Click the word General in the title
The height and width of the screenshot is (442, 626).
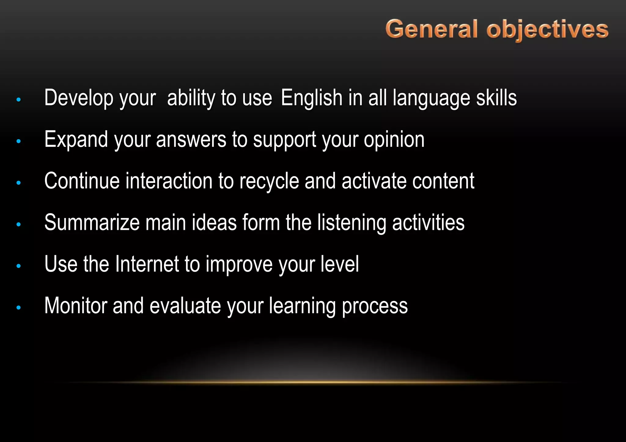(431, 29)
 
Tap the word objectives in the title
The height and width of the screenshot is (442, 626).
(547, 30)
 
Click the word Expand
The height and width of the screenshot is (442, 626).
(76, 139)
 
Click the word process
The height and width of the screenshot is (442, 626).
(375, 306)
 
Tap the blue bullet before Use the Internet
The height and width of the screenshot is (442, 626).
(19, 266)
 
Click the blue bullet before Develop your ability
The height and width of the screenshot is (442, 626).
(19, 100)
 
